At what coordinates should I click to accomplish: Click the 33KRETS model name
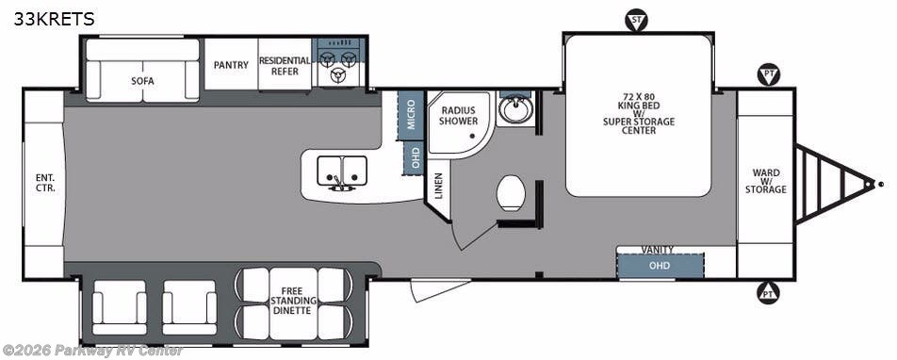tap(55, 20)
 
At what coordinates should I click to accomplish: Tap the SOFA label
tap(142, 81)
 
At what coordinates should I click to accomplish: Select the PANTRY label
tap(231, 65)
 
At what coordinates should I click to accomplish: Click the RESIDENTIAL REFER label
tap(285, 66)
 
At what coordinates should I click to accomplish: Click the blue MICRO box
tap(412, 115)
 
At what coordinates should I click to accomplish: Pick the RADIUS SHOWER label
tap(458, 116)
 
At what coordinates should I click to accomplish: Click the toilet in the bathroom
tap(511, 193)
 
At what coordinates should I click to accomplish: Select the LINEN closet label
tap(439, 186)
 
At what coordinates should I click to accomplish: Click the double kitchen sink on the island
tap(342, 172)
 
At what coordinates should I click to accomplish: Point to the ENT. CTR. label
tap(45, 183)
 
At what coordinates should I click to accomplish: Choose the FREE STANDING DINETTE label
tap(293, 301)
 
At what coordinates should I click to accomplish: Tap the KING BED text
tap(639, 106)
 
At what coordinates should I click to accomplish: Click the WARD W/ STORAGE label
tap(765, 181)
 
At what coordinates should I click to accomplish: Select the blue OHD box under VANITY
tap(661, 266)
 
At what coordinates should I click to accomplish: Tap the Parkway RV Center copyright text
tap(91, 351)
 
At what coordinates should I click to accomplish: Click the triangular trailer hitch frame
tap(834, 184)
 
